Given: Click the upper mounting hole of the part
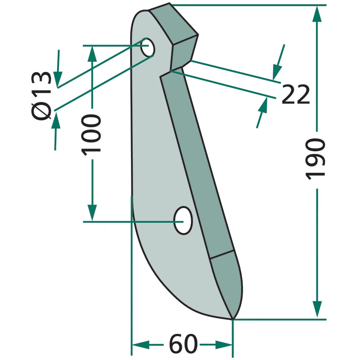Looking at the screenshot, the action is [x=148, y=47].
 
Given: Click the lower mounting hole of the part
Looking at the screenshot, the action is [x=183, y=220].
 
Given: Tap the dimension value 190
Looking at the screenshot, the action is [x=315, y=159].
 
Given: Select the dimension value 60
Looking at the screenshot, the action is [x=183, y=344].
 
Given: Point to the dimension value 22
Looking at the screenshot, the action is [x=296, y=94].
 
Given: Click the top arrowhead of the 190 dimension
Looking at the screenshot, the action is [x=317, y=14].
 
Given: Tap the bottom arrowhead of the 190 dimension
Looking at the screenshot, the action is [x=317, y=309].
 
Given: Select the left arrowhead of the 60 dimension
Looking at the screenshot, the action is [x=141, y=345].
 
